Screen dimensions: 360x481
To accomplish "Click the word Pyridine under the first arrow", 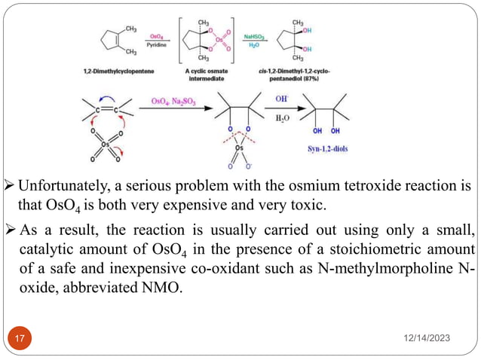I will coord(157,45).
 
